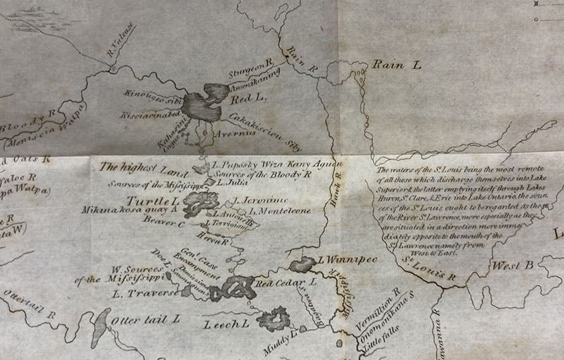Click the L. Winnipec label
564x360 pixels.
348,260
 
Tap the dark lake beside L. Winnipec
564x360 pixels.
301,265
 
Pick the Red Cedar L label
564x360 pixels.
284,283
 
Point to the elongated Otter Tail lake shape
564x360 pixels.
100,323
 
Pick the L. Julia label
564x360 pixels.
230,181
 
